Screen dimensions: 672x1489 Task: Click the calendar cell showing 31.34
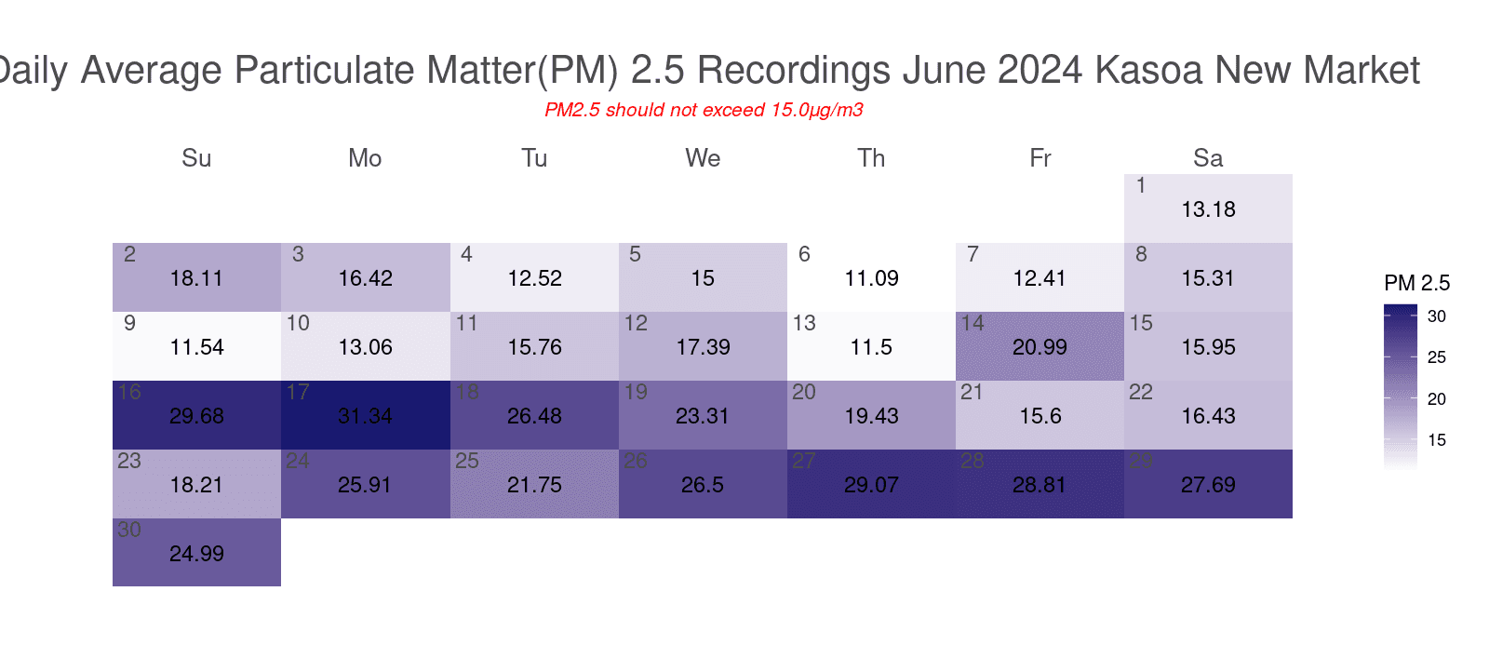(365, 415)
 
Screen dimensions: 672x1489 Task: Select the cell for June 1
(1208, 208)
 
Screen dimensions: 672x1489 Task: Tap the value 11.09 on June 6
(871, 278)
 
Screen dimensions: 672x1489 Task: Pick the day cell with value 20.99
(1040, 346)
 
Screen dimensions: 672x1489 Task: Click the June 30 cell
(196, 553)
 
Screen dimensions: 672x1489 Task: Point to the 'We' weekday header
(703, 158)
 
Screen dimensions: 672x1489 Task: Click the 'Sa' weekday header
(1208, 158)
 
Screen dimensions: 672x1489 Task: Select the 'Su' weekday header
(196, 158)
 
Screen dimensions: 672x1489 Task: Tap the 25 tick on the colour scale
(1437, 357)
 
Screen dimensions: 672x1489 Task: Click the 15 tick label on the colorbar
(1437, 440)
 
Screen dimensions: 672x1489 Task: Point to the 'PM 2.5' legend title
(1416, 283)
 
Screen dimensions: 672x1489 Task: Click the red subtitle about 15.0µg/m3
(704, 110)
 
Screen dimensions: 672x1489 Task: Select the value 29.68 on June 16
(196, 416)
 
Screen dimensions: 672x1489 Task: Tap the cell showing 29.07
(871, 484)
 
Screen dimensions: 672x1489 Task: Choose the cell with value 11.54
(196, 346)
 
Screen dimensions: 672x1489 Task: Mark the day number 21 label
(972, 393)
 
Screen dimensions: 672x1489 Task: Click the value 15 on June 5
(703, 278)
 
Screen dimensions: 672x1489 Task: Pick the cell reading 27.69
(1208, 484)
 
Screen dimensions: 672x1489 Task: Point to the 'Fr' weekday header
(1040, 158)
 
